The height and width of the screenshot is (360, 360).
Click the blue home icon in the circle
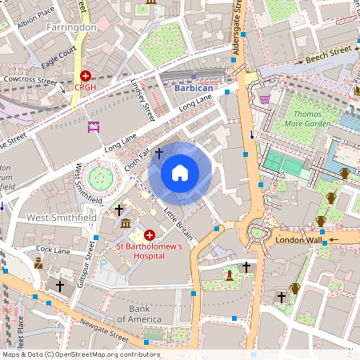pos(180,172)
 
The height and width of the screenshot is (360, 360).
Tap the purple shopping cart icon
pos(265,98)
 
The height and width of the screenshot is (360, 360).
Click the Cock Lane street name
pos(53,250)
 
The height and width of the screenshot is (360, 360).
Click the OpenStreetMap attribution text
pos(80,354)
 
